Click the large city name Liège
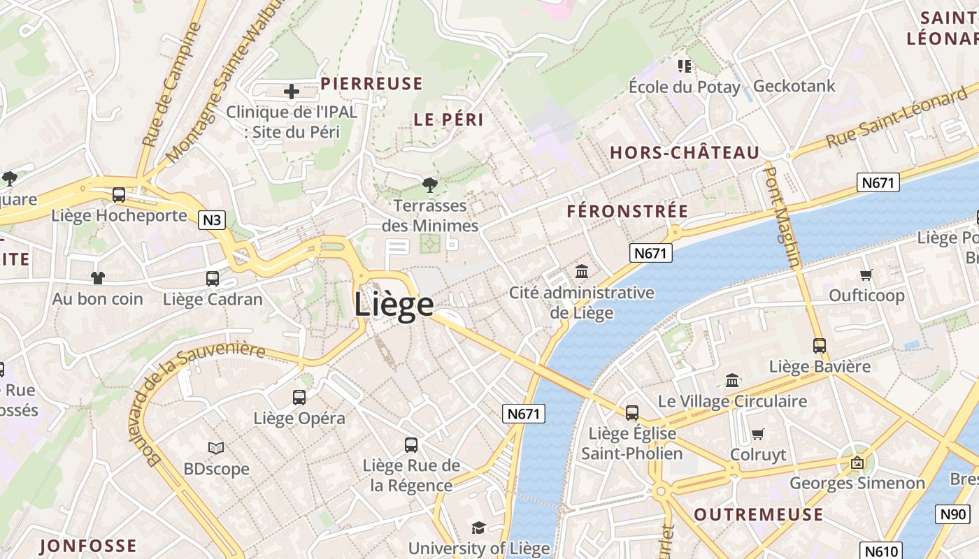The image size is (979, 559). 394,305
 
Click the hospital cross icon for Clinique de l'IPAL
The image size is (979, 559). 292,91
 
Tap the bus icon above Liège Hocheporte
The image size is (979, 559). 119,195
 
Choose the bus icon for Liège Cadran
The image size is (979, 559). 213,279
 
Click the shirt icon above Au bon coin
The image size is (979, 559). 98,278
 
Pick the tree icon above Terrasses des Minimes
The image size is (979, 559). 430,185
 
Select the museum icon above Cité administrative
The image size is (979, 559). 582,271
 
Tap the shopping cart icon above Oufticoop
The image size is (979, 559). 866,275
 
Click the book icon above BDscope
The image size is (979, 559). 216,448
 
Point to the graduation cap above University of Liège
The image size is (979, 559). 478,528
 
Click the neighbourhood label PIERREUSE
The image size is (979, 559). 371,84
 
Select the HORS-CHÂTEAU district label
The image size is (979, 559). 685,153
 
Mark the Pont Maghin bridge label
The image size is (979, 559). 783,216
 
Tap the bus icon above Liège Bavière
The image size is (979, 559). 820,346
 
